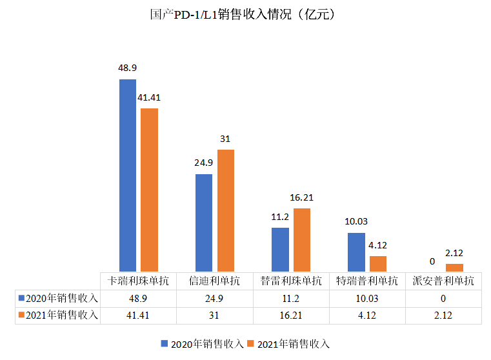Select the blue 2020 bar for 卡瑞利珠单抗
128,175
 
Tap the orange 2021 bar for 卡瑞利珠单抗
149,190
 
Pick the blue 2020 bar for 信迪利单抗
204,223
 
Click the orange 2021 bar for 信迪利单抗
225,210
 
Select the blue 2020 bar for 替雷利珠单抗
280,249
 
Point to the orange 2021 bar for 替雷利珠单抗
301,239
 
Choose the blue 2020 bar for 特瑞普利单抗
356,252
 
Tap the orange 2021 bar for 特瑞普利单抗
377,263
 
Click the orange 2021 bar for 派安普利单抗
454,267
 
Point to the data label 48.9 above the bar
127,68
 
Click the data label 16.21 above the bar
301,197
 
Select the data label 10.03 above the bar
356,221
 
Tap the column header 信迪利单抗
214,281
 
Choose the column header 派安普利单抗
443,281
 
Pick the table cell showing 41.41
138,315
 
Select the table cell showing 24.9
214,299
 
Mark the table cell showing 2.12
443,315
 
